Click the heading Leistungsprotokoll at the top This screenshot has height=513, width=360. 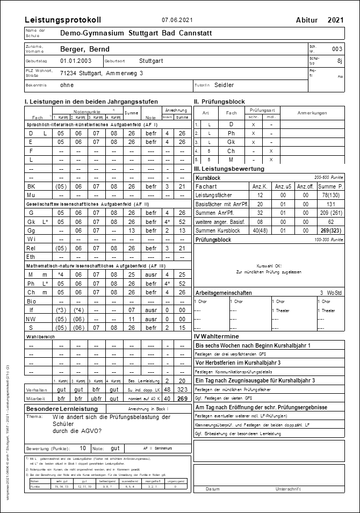click(63, 20)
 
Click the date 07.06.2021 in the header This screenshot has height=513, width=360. click(177, 20)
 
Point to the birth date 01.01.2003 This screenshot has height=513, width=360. click(76, 61)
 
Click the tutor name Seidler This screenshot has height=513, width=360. click(224, 85)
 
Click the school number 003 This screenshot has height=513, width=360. click(337, 49)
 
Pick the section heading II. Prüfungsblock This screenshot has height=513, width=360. click(219, 102)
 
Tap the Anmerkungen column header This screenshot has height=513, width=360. click(312, 113)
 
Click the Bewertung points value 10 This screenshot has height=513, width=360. click(83, 447)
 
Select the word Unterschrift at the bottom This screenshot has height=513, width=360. click(290, 489)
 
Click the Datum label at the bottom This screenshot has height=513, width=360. click(213, 489)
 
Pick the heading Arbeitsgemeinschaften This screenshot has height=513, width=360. click(224, 293)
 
